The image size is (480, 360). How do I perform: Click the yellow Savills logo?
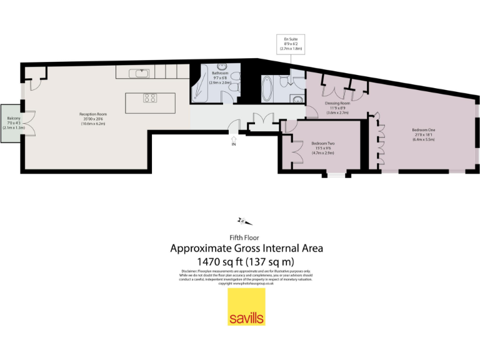tap(246, 306)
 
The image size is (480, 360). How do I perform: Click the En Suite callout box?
tap(290, 43)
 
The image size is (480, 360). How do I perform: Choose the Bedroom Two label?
tap(324, 149)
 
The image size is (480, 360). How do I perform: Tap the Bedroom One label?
tap(423, 134)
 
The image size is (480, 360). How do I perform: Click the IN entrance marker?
tap(234, 144)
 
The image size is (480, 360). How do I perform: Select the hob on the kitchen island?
tap(150, 97)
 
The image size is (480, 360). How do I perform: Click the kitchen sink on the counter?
tap(139, 73)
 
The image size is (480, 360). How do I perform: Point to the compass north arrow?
tap(243, 220)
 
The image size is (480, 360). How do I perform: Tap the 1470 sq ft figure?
tap(219, 261)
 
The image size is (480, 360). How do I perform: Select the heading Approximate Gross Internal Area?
tap(246, 248)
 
